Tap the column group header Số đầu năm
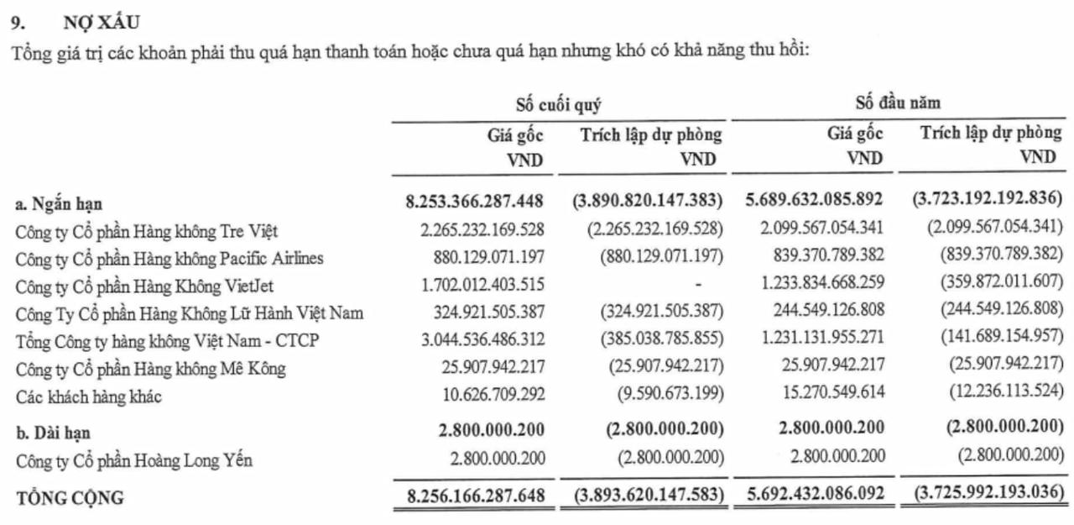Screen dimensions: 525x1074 coord(898,104)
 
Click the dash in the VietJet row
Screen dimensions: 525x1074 coord(698,286)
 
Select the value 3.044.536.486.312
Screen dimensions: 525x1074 coord(475,339)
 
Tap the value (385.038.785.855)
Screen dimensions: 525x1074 coord(661,339)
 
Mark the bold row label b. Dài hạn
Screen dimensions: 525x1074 coord(53,433)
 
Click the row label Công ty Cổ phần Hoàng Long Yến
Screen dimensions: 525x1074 coord(134,460)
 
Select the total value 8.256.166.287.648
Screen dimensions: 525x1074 coord(475,496)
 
